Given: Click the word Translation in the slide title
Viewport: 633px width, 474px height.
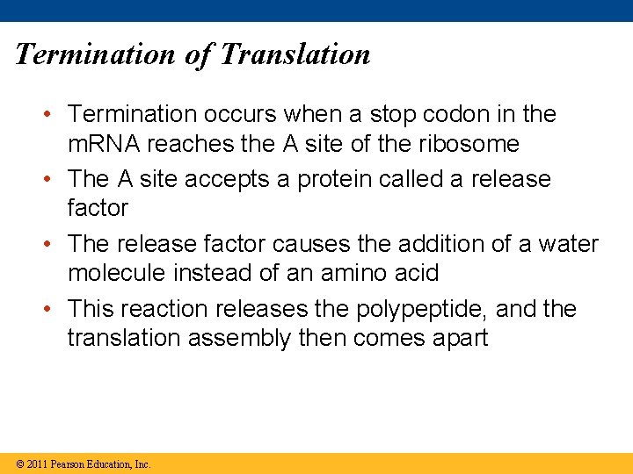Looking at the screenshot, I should tap(295, 54).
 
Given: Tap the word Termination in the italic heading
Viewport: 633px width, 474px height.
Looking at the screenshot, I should tap(96, 54).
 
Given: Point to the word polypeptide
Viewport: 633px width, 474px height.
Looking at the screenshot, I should tap(419, 309).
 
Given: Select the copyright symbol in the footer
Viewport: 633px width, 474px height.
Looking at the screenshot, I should tap(19, 463).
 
